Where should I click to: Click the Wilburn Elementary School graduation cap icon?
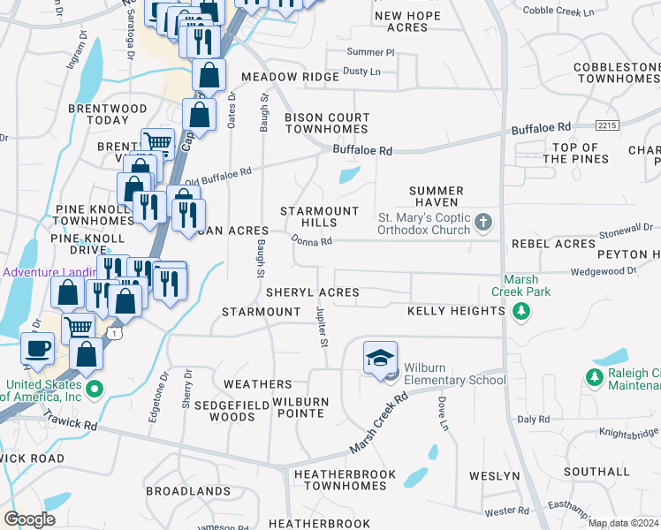(x=380, y=358)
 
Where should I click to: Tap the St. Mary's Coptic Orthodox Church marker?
(x=483, y=223)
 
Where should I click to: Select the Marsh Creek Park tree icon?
(x=521, y=310)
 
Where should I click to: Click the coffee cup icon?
(x=36, y=348)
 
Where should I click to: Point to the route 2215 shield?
(x=606, y=125)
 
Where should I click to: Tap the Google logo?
(x=29, y=519)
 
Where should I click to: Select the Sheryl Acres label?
(x=313, y=292)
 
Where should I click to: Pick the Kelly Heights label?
(x=456, y=312)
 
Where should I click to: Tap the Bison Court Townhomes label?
(x=327, y=123)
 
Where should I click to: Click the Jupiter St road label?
(x=323, y=326)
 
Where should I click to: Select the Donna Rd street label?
(x=312, y=241)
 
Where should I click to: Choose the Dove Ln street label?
(x=443, y=413)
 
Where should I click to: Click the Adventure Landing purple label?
(x=49, y=272)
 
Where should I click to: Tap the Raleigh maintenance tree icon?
(x=593, y=378)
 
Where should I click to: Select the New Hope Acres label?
(x=407, y=22)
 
